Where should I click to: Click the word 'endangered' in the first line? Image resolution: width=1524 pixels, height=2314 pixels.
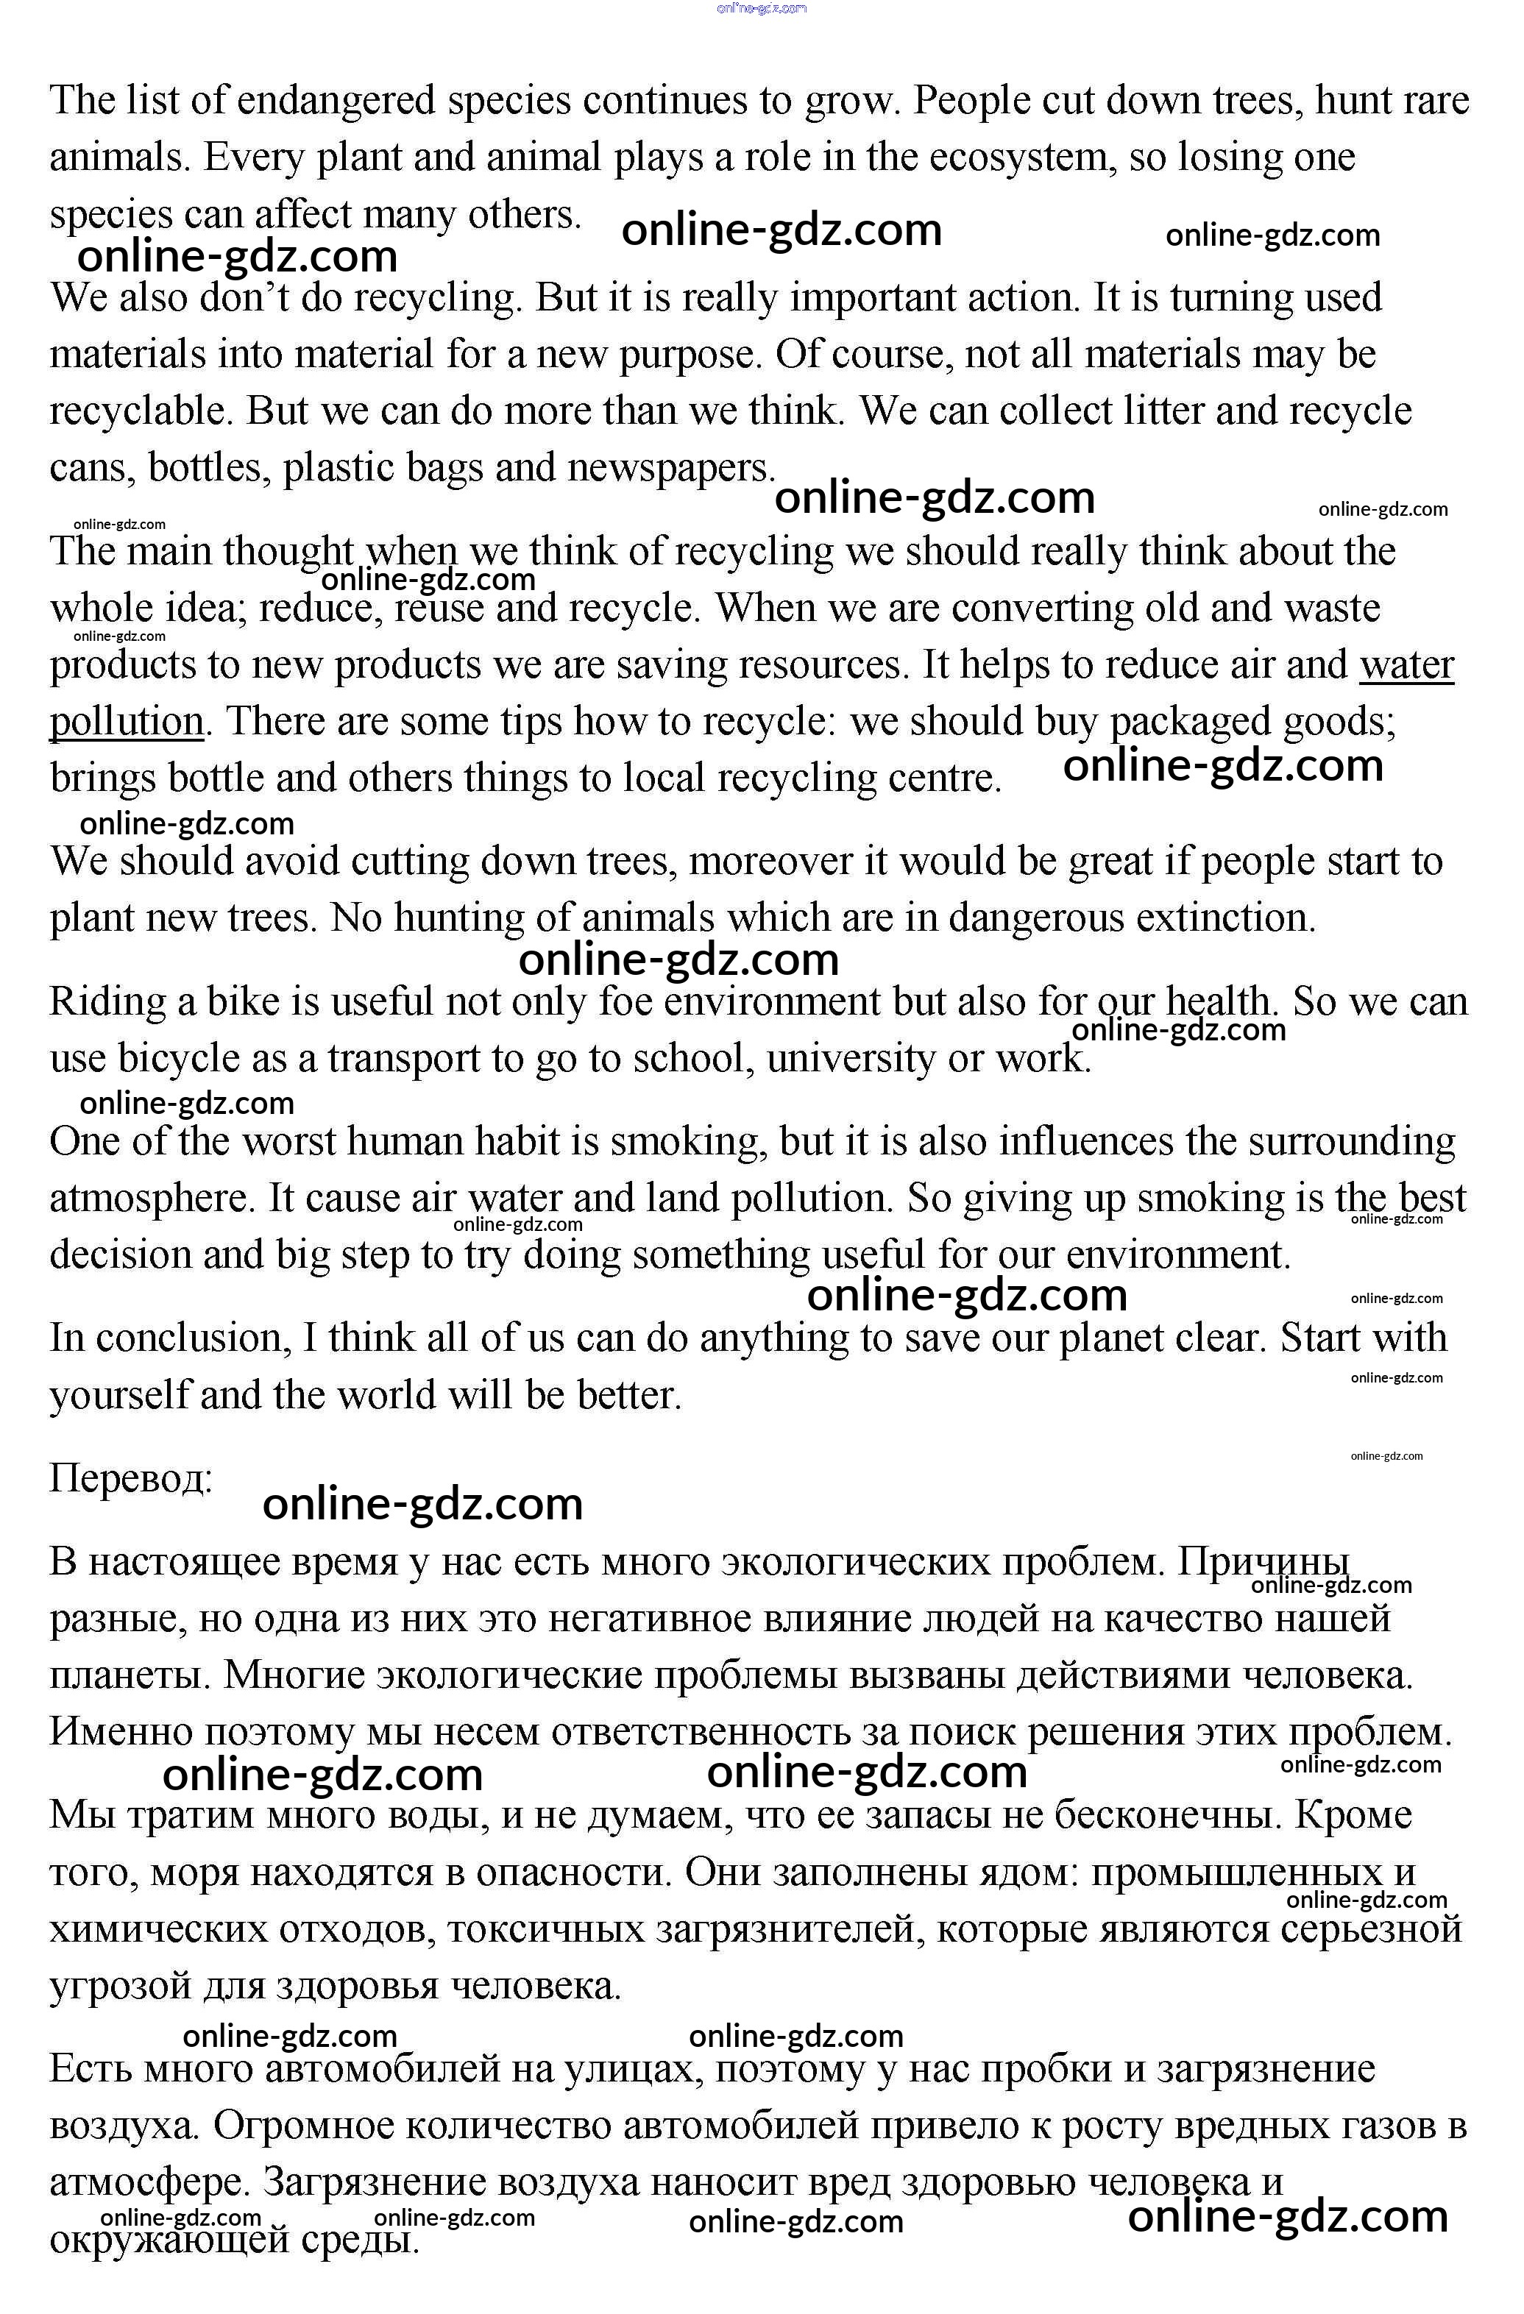[335, 100]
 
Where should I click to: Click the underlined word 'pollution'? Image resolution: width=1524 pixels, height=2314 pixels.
[127, 721]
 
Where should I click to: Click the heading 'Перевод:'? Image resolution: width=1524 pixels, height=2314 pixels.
[131, 1479]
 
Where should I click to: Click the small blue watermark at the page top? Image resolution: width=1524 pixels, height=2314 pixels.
[762, 9]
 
